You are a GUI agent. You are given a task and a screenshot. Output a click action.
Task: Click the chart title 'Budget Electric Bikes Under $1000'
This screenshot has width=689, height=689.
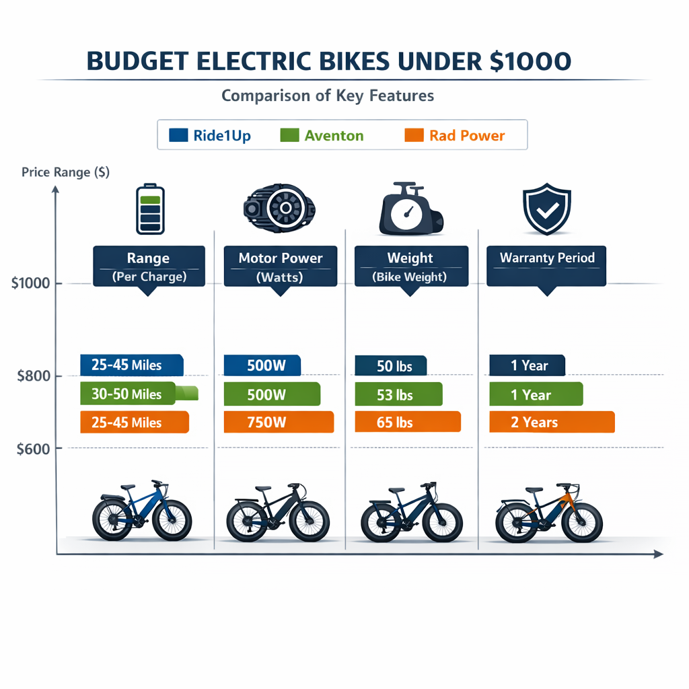pyautogui.click(x=329, y=61)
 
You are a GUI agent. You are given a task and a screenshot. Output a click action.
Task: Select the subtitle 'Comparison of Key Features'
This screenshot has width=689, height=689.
pyautogui.click(x=328, y=96)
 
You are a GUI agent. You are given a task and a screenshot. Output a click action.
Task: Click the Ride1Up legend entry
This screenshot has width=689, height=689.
pyautogui.click(x=211, y=135)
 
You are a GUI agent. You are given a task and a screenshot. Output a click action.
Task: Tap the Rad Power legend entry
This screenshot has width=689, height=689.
pyautogui.click(x=455, y=135)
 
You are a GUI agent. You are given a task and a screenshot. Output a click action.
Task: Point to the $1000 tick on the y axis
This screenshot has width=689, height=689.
pyautogui.click(x=31, y=283)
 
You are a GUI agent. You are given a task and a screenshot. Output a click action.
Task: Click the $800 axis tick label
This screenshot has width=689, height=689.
pyautogui.click(x=34, y=376)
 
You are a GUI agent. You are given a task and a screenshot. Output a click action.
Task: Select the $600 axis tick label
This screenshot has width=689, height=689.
pyautogui.click(x=34, y=449)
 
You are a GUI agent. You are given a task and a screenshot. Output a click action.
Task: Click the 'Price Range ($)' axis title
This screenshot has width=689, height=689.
pyautogui.click(x=65, y=172)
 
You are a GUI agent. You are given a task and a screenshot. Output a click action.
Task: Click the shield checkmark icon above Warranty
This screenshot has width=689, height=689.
pyautogui.click(x=546, y=211)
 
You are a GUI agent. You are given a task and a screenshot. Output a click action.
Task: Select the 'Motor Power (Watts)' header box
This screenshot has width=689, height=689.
pyautogui.click(x=281, y=266)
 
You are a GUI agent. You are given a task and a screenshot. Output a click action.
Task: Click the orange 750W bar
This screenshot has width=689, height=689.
pyautogui.click(x=279, y=423)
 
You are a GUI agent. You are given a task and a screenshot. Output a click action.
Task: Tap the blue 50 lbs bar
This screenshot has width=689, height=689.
pyautogui.click(x=390, y=366)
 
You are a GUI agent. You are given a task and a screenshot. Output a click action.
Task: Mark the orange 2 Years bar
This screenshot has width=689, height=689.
pyautogui.click(x=552, y=423)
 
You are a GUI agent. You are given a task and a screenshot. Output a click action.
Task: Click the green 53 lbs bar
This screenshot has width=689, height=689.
pyautogui.click(x=398, y=394)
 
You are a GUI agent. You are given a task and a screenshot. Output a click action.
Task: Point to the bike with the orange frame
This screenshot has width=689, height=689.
pyautogui.click(x=548, y=514)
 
